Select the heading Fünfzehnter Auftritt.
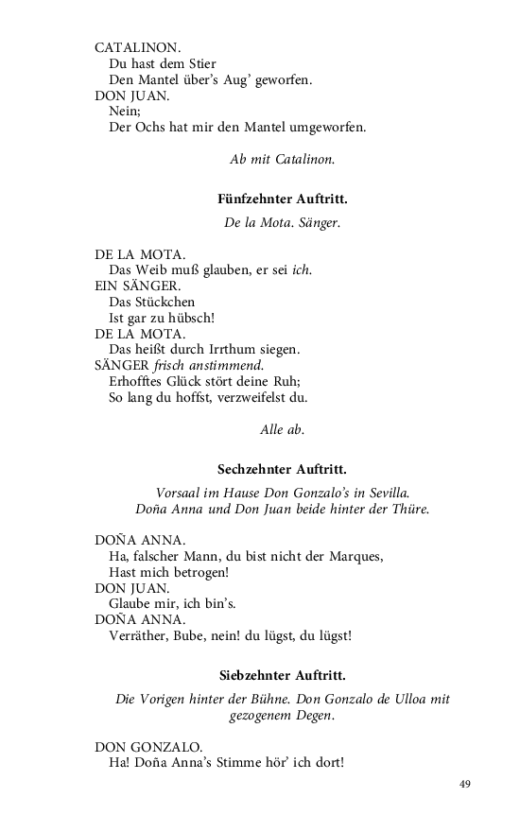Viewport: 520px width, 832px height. point(282,199)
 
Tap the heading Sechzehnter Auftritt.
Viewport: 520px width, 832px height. point(282,468)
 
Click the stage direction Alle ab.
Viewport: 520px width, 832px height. point(282,429)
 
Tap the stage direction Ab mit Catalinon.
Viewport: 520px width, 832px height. point(282,159)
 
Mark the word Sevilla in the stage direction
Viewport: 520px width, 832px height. point(388,493)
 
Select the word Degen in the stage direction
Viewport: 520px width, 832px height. point(313,716)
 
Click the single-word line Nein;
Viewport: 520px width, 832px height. point(124,111)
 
